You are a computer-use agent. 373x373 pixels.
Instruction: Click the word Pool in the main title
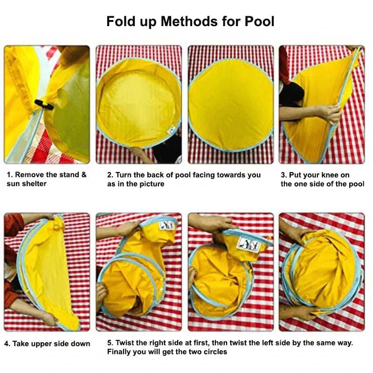tap(257, 21)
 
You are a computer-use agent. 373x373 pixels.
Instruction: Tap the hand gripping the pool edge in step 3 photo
tap(329, 113)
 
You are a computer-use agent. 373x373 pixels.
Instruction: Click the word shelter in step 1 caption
tap(35, 184)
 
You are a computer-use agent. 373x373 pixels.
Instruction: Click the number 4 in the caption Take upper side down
tap(7, 344)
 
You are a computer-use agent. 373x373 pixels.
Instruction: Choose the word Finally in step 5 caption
tap(121, 352)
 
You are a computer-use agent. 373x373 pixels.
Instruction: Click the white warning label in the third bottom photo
tap(248, 244)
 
